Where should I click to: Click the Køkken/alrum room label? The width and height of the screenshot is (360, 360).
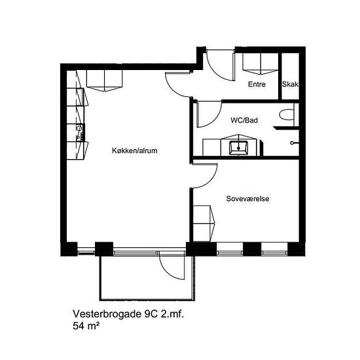coord(135,151)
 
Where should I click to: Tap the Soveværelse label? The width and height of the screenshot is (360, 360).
coord(247,198)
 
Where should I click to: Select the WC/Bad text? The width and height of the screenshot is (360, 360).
coord(244,120)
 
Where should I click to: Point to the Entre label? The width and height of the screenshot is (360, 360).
coord(257,84)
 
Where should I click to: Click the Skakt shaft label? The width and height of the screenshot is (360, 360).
coord(290,84)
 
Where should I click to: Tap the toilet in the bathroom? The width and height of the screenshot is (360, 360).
coord(287,115)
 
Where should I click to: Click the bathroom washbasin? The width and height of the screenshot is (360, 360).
coord(238,148)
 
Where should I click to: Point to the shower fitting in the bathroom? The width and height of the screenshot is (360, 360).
coord(294,143)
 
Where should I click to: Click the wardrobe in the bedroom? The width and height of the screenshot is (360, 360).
coord(204,223)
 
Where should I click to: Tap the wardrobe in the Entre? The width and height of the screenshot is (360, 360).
coord(261,64)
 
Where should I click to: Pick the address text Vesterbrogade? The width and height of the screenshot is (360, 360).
coord(107,314)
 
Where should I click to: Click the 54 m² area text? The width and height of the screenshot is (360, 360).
coord(86,326)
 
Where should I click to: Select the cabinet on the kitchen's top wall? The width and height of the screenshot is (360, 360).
coord(104,81)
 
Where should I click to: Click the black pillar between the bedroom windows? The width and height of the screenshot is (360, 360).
coord(252,249)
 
